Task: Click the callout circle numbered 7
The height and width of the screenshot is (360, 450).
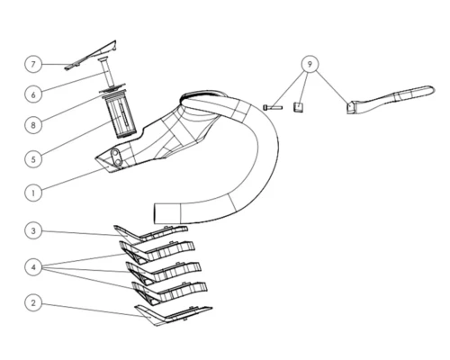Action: pyautogui.click(x=33, y=64)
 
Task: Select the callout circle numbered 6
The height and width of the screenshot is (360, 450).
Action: pyautogui.click(x=33, y=94)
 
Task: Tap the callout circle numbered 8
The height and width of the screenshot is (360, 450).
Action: pyautogui.click(x=33, y=125)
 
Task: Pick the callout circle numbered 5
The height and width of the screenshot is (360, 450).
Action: pyautogui.click(x=33, y=159)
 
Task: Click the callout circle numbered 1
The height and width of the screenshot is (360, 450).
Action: pyautogui.click(x=33, y=193)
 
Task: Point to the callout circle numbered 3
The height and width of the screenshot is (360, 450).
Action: pyautogui.click(x=33, y=230)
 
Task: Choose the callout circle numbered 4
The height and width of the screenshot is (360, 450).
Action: pyautogui.click(x=33, y=267)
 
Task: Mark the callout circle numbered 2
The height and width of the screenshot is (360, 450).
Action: pyautogui.click(x=33, y=302)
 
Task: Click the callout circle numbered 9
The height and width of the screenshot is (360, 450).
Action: pyautogui.click(x=310, y=64)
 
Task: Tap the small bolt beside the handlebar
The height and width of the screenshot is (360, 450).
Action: pyautogui.click(x=273, y=107)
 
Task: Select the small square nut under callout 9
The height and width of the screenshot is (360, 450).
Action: pyautogui.click(x=298, y=107)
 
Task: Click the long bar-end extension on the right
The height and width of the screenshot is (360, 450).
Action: pyautogui.click(x=390, y=100)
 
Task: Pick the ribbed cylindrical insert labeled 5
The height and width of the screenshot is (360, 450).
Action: pyautogui.click(x=120, y=116)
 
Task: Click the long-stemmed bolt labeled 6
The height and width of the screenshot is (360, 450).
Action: pyautogui.click(x=110, y=72)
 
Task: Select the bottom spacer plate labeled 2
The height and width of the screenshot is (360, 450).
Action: pyautogui.click(x=173, y=316)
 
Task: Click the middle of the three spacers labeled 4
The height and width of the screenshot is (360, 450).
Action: pyautogui.click(x=164, y=273)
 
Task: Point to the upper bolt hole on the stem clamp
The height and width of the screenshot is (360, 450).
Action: pyautogui.click(x=114, y=154)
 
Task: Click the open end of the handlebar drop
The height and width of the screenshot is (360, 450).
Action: pyautogui.click(x=154, y=213)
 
